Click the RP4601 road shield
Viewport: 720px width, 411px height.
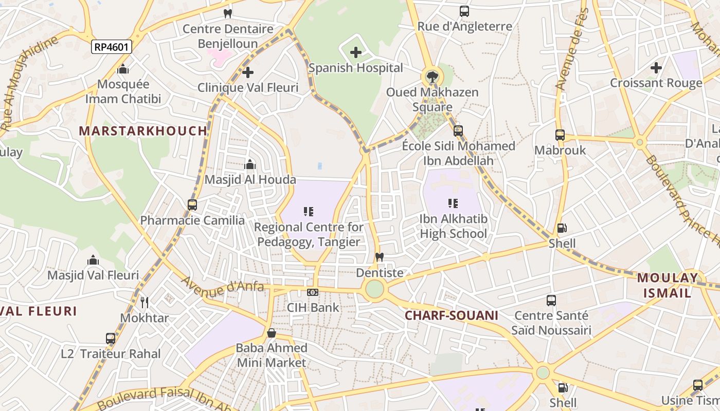[112, 47]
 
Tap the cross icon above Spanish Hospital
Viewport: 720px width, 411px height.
[356, 52]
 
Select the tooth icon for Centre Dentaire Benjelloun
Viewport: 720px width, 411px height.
[228, 14]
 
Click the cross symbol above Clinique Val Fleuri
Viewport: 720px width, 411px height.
[248, 72]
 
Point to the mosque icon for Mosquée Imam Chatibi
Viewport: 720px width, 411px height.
[123, 69]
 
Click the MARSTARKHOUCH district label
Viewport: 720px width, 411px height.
[143, 131]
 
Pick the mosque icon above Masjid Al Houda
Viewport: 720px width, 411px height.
[250, 164]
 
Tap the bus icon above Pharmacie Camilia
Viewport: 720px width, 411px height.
[192, 205]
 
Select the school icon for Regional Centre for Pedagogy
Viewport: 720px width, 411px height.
[309, 211]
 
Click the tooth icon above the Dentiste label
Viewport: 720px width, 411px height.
[380, 257]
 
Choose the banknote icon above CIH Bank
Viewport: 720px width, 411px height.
[313, 292]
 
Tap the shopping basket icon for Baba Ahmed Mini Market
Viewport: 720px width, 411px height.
[272, 333]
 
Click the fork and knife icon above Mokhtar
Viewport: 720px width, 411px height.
[145, 302]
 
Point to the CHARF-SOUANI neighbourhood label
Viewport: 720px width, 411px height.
[452, 315]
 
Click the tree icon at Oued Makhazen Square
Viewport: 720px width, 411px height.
[432, 77]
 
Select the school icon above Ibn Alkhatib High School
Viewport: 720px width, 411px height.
[453, 203]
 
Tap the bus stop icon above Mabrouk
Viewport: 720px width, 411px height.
[560, 135]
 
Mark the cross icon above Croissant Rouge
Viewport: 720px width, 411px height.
[656, 67]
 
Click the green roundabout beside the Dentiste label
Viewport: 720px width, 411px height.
[375, 289]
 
